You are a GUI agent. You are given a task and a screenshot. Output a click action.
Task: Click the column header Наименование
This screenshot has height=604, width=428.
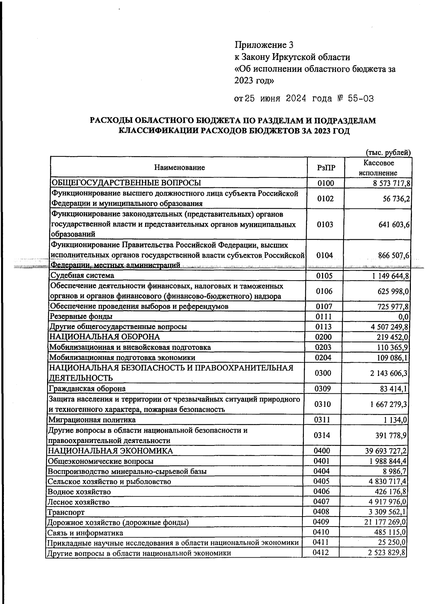pyautogui.click(x=179, y=167)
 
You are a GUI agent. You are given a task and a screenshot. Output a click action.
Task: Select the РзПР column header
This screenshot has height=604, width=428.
pyautogui.click(x=326, y=167)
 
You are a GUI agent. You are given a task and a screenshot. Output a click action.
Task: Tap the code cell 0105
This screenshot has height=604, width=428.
pyautogui.click(x=324, y=276)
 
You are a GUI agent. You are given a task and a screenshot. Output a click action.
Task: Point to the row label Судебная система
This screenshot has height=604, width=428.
pyautogui.click(x=82, y=276)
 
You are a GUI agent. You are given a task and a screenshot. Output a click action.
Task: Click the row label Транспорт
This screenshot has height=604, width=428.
pyautogui.click(x=66, y=513)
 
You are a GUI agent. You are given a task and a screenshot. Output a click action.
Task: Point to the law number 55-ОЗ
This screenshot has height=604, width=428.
pyautogui.click(x=361, y=99)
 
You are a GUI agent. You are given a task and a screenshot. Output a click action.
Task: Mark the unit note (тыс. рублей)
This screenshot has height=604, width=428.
pyautogui.click(x=388, y=152)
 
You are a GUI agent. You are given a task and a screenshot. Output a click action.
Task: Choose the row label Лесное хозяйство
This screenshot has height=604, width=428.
pyautogui.click(x=79, y=502)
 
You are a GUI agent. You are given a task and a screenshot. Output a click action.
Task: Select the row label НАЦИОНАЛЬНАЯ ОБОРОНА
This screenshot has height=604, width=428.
pyautogui.click(x=105, y=337)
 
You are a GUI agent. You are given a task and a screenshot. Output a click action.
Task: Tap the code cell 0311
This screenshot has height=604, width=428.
pyautogui.click(x=322, y=420)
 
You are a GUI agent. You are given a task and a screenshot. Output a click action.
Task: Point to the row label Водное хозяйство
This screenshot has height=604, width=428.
pyautogui.click(x=79, y=492)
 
